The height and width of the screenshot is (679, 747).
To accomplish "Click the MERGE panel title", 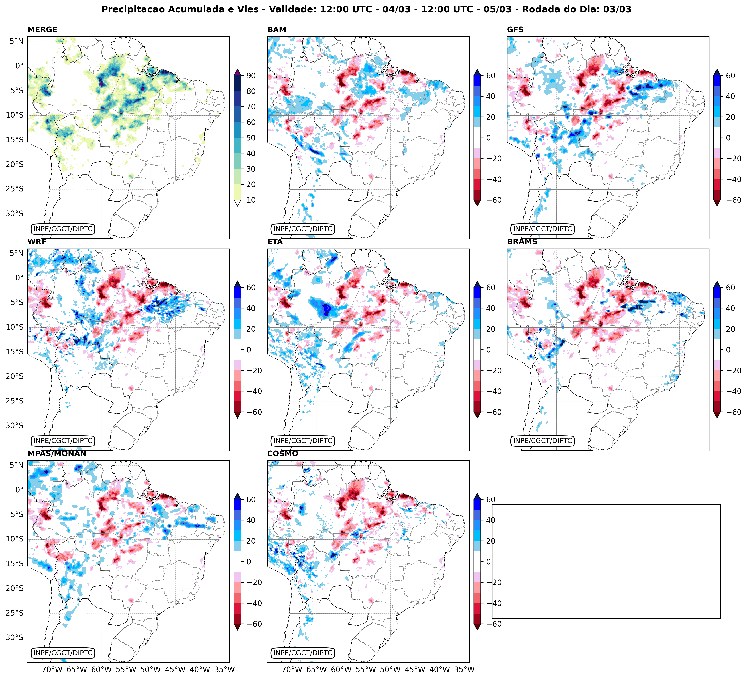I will [42, 30].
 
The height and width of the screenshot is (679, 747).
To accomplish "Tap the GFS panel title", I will [515, 30].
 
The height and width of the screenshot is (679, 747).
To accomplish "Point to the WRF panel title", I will [37, 242].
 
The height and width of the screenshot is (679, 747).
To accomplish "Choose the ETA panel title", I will [275, 242].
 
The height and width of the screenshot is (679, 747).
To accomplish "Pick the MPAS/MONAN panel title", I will [57, 454].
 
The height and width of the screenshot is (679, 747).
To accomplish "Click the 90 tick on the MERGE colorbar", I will [251, 75].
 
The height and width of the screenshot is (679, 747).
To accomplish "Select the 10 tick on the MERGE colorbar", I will [251, 200].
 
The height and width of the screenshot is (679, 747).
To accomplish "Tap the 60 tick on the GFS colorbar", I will [730, 75].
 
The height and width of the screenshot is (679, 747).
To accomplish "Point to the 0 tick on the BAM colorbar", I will [488, 138].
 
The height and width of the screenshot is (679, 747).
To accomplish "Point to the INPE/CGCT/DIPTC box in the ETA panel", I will [303, 441].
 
